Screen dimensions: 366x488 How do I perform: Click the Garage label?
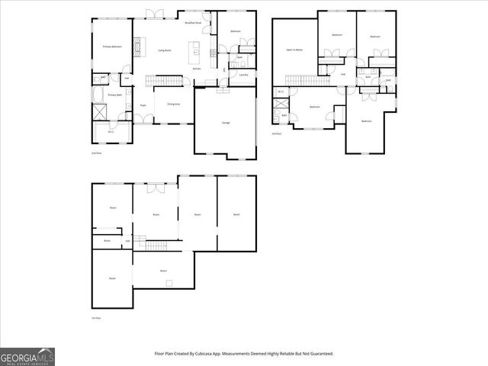tap(226, 123)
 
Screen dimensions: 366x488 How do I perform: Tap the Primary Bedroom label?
tap(113, 47)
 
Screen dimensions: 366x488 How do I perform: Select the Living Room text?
tap(164, 50)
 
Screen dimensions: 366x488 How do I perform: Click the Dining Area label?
tap(173, 103)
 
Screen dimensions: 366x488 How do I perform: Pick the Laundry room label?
tap(243, 75)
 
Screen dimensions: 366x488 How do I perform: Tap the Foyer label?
tap(143, 105)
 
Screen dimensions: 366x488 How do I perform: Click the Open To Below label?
tap(294, 50)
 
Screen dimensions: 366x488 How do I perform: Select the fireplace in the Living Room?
tap(137, 47)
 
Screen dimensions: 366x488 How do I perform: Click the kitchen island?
tap(197, 52)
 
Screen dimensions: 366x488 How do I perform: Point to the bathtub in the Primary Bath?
tap(98, 95)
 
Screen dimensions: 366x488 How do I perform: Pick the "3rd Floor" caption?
tap(276, 133)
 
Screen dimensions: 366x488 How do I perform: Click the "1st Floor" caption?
tap(96, 317)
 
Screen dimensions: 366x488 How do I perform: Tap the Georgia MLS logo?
tap(27, 357)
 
